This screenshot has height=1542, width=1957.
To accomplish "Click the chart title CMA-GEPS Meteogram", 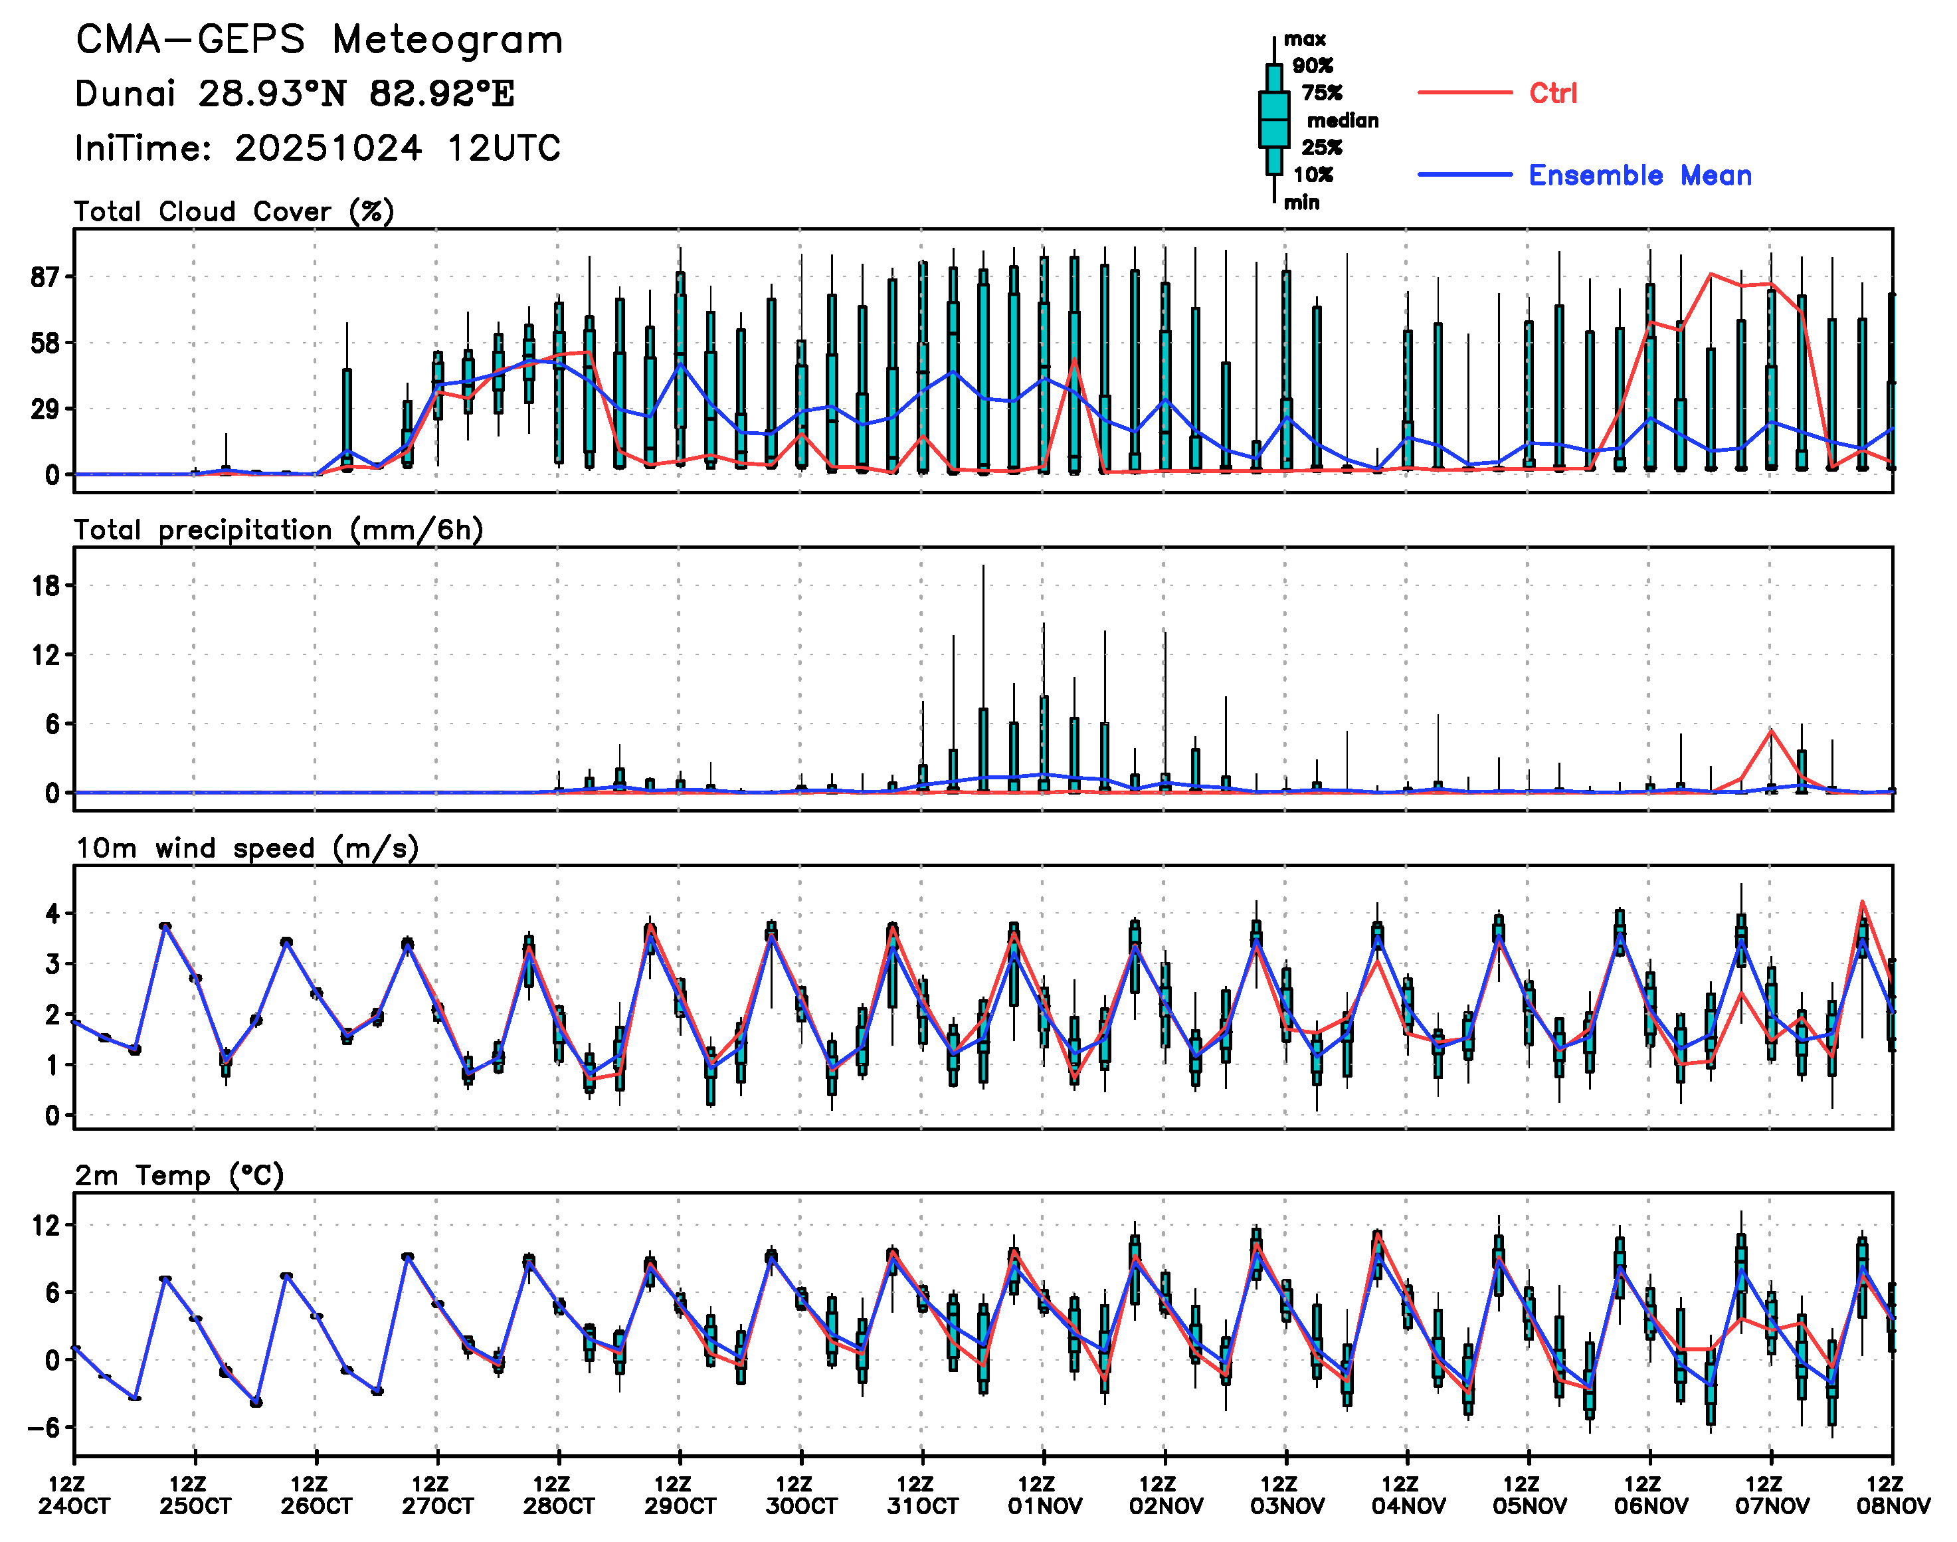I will coord(320,40).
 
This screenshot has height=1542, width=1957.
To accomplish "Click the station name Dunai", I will coord(125,94).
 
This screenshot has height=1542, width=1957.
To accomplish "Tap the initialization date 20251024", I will coord(327,148).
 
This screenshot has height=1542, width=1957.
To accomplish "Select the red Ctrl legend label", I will coord(1552,93).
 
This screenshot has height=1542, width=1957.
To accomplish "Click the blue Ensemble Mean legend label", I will coord(1639,175).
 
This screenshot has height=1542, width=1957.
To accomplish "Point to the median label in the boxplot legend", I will coord(1343,120).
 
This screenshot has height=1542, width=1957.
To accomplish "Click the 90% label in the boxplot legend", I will coord(1313,66).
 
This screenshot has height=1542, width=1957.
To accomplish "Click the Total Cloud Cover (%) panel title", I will coord(234,211).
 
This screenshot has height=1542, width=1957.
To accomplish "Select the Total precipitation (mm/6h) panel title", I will coord(278,530).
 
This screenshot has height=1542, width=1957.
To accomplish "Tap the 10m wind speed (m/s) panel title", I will coord(246,848).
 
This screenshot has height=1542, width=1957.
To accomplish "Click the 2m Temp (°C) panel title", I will coord(179,1175).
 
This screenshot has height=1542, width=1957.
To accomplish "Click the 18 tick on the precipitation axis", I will coord(45,586).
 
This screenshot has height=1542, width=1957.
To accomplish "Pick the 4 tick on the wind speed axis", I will coord(52,914).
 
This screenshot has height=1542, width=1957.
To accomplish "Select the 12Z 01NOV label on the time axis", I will coord(1044,1495).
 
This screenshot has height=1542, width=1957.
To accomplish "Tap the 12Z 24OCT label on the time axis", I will coord(74,1495).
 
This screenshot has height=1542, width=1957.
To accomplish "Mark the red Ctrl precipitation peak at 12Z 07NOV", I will coord(1771,730).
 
